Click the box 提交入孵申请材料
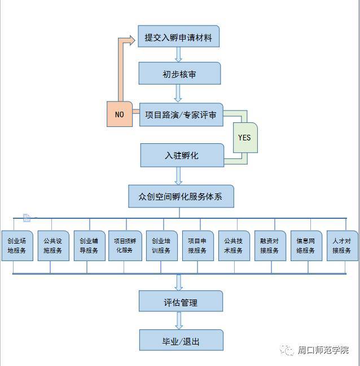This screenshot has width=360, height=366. point(178,37)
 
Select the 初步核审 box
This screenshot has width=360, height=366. point(179,73)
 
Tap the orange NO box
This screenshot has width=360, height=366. point(120,114)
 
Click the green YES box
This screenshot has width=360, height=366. point(245,138)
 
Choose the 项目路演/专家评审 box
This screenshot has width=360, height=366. point(181,114)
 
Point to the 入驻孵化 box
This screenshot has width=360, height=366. point(182,155)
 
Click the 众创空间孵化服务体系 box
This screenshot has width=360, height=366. point(181,196)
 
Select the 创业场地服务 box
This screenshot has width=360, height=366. point(17,245)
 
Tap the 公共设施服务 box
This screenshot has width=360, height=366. point(53,245)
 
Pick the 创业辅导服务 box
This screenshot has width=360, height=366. point(90,245)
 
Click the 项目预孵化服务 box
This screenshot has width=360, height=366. point(125,245)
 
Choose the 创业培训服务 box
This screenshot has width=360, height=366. point(161,245)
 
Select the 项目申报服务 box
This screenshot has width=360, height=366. point(198,245)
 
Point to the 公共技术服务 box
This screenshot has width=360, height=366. point(234,245)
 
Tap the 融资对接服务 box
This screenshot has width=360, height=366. point(270,245)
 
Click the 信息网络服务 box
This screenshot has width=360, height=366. point(306,245)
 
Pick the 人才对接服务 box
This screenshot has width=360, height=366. point(343,245)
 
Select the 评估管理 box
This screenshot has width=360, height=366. point(181,301)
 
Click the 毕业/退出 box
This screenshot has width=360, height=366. point(181,340)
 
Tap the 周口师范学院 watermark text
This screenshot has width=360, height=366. point(323,350)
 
